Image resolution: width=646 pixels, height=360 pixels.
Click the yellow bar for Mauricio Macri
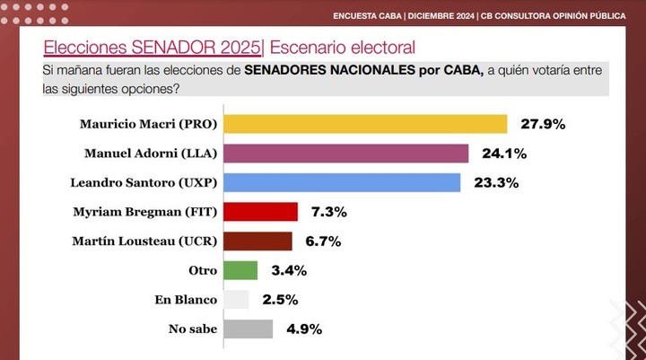coord(364,124)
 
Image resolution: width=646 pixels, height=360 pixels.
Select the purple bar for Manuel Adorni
coord(345,154)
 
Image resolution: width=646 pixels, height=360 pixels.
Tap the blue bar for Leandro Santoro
coord(341,182)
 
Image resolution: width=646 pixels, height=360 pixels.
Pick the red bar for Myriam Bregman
coord(260,212)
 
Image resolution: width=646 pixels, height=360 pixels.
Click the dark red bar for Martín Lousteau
coord(257,241)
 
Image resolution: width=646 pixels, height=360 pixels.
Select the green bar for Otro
coord(240,270)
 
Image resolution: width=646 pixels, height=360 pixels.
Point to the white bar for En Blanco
coord(235,299)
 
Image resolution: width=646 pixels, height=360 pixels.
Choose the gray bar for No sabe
coord(247,329)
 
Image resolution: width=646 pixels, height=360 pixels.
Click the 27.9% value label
coord(540,125)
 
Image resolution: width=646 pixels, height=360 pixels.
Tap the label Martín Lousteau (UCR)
coord(144,241)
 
